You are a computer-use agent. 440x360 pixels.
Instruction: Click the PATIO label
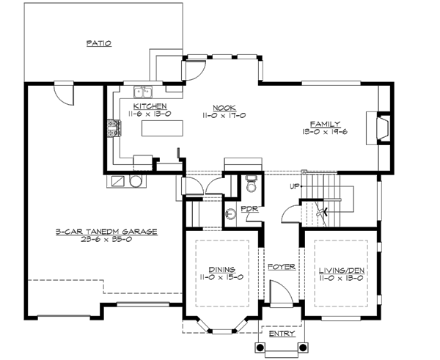pos(98,43)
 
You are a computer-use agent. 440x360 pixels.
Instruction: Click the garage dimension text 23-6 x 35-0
pos(106,239)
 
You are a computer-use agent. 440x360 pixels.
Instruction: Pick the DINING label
pos(221,269)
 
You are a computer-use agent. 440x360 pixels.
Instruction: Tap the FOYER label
pos(281,267)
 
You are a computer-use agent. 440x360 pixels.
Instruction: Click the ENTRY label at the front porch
pos(282,334)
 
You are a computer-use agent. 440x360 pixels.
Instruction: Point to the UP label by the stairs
pos(295,186)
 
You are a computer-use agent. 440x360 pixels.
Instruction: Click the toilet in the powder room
pos(251,184)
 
